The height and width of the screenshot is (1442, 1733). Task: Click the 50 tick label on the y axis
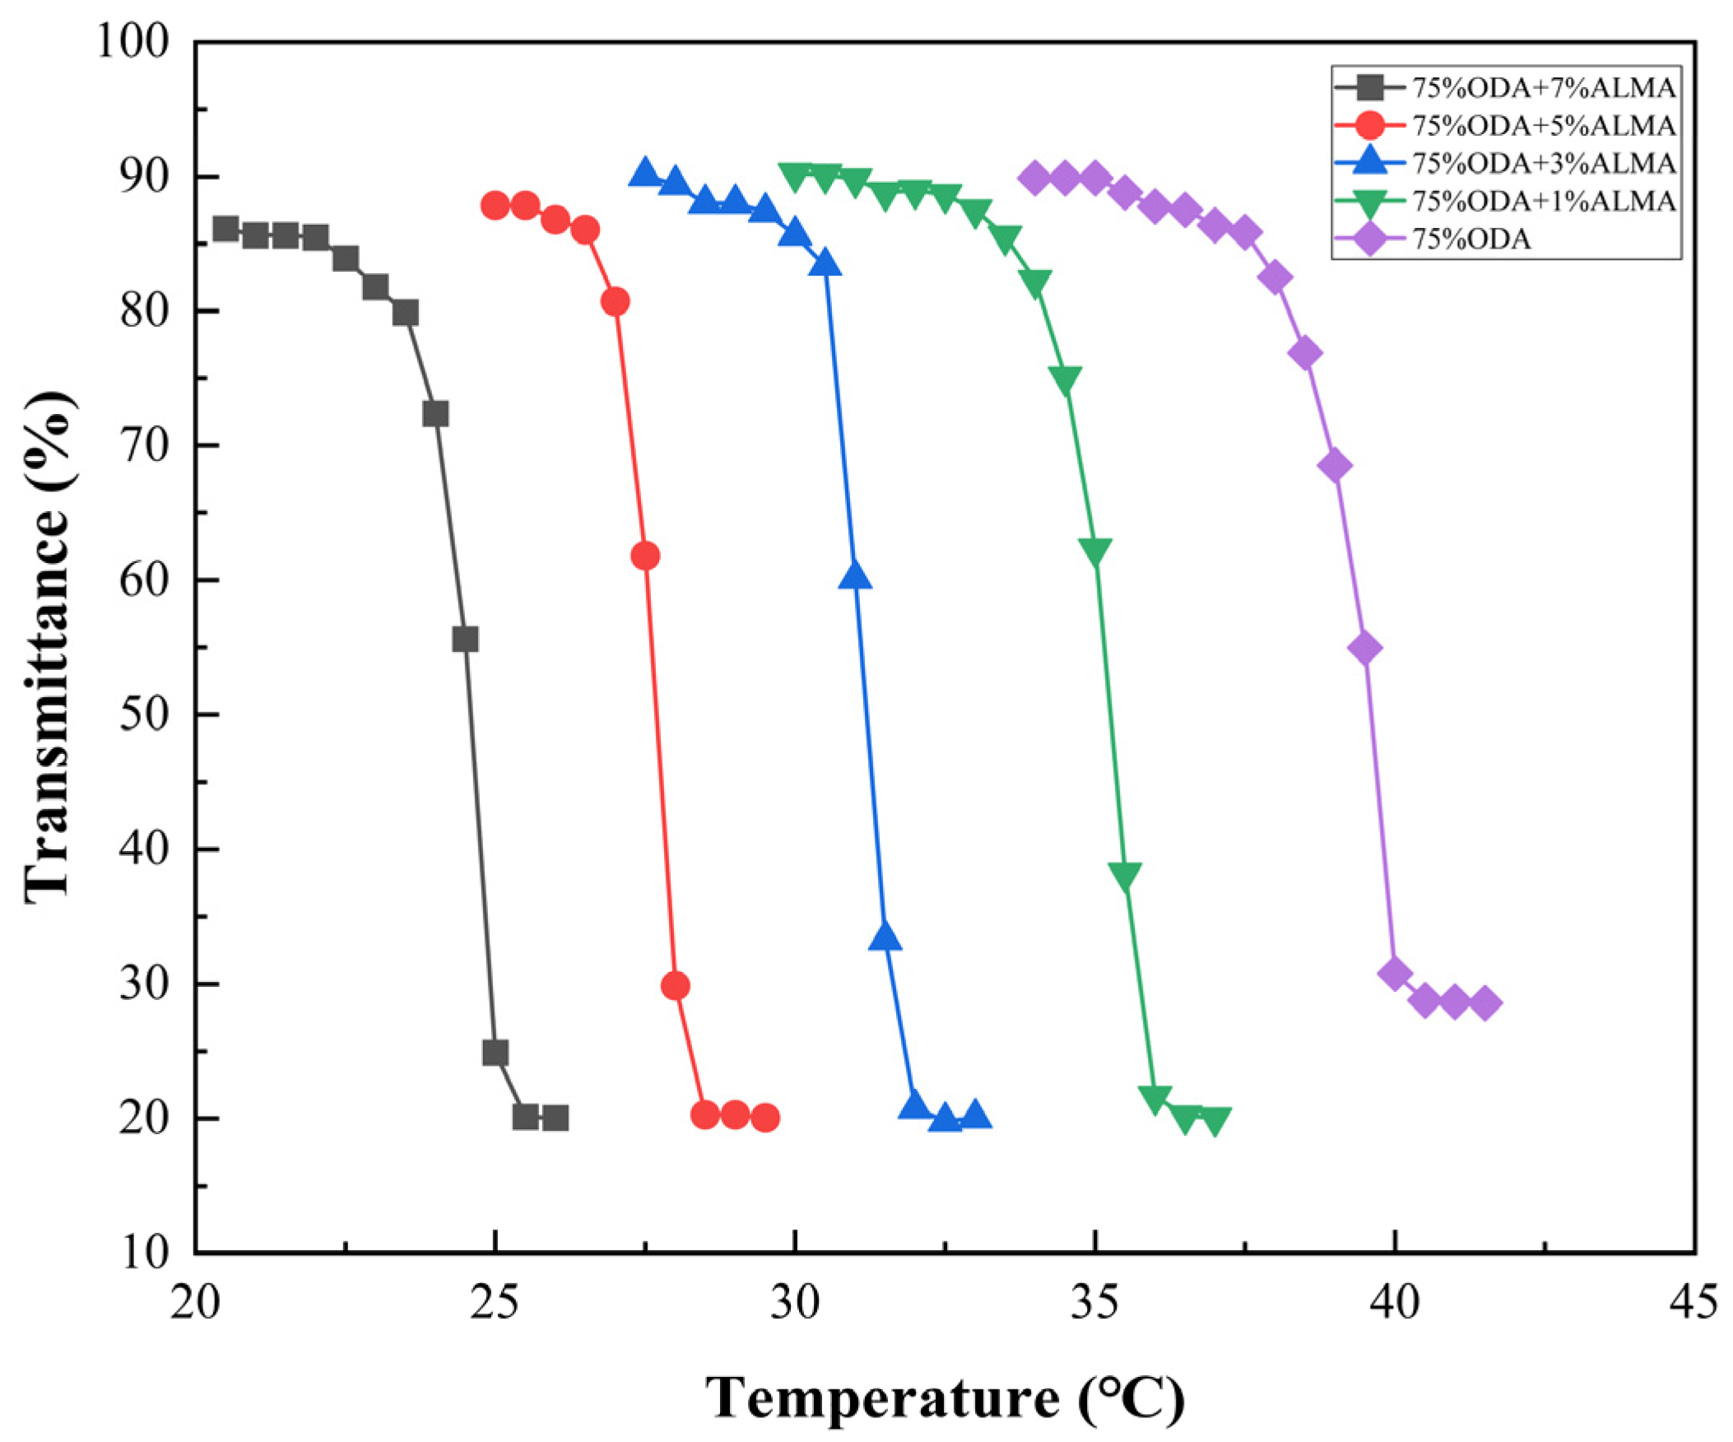[x=146, y=714]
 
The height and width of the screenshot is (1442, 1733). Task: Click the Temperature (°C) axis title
[x=944, y=1397]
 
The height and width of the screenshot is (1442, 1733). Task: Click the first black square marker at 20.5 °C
[x=225, y=229]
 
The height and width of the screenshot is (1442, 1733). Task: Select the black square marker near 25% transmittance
[x=495, y=1053]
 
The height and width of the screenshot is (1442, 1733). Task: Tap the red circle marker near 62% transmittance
[x=645, y=556]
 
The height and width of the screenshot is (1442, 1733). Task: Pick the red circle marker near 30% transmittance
[x=675, y=985]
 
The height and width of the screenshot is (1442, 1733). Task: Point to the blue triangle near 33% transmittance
[x=885, y=937]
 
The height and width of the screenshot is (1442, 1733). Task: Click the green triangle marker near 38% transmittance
[x=1125, y=875]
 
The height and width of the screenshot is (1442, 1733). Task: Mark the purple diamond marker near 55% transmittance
[x=1365, y=648]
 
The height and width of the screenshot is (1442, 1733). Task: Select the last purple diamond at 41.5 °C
[x=1484, y=1003]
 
